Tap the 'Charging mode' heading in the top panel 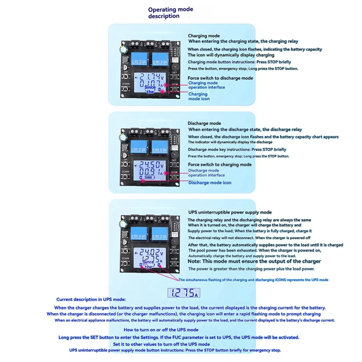tap(204, 36)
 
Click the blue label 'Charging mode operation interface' tap(206, 85)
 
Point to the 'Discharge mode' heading tap(204, 123)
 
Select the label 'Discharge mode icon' tap(210, 182)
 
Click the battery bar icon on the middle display tap(149, 181)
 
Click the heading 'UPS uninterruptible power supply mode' tap(230, 212)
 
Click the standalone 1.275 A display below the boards tap(183, 293)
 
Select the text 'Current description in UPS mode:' tap(91, 300)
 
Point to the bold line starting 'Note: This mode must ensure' tap(254, 261)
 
